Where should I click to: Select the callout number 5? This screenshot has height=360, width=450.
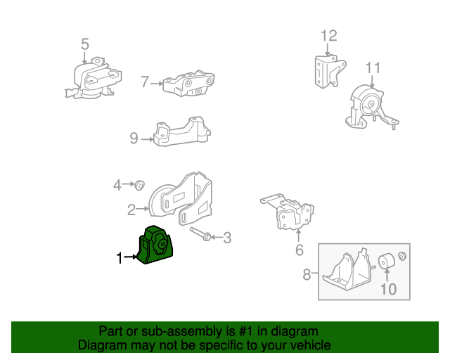(85, 44)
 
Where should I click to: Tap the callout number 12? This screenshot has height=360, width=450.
(329, 35)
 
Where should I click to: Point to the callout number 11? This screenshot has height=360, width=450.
(373, 67)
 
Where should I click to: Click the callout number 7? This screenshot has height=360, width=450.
(145, 82)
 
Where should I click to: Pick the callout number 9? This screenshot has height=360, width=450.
(134, 139)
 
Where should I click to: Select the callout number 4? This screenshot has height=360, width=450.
(117, 185)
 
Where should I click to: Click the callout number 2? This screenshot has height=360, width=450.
(131, 209)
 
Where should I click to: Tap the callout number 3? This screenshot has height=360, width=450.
(226, 238)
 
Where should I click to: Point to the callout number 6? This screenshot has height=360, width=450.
(299, 250)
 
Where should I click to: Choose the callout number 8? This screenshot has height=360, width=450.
(307, 274)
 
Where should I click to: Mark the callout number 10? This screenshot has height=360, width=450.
(387, 288)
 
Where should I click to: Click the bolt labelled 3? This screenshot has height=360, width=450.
(199, 233)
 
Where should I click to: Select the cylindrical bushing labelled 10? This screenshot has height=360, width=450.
(387, 262)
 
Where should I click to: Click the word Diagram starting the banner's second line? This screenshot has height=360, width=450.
(101, 345)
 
